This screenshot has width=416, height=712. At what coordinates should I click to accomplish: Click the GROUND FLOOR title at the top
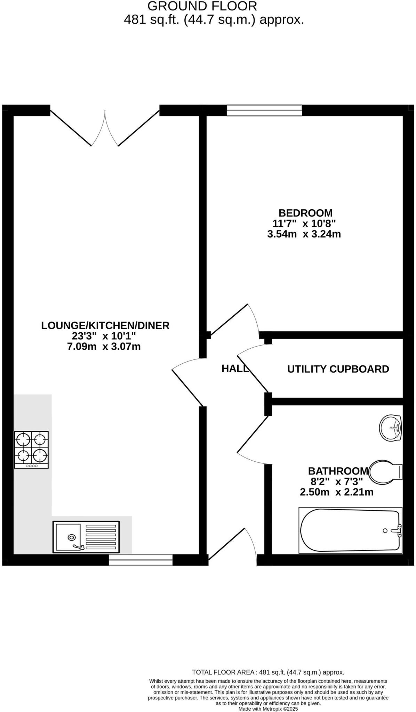[x=202, y=6]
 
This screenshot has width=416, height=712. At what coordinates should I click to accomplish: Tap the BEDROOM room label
[x=305, y=213]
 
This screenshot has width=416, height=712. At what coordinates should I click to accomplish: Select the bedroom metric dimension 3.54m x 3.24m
[x=304, y=234]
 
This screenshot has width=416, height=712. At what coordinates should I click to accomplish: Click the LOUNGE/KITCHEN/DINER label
[x=105, y=325]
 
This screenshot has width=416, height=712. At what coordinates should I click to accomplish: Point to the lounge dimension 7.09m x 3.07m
[x=104, y=347]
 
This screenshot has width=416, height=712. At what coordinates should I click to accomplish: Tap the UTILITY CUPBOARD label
[x=338, y=369]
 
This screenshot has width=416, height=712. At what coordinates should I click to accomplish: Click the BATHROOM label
[x=338, y=471]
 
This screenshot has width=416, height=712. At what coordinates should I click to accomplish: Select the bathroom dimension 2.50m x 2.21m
[x=336, y=492]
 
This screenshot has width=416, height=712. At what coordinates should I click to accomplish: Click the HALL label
[x=235, y=369]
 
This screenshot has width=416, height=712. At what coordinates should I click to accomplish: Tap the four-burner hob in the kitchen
[x=31, y=450]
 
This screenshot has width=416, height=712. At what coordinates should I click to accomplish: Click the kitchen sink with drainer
[x=86, y=537]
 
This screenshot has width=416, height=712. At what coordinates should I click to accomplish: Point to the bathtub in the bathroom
[x=350, y=530]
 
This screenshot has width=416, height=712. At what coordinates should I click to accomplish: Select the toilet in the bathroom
[x=385, y=472]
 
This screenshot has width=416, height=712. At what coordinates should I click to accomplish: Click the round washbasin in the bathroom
[x=390, y=428]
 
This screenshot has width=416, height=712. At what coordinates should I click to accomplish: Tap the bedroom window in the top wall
[x=264, y=110]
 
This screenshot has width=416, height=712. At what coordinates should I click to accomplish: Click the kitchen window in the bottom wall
[x=141, y=560]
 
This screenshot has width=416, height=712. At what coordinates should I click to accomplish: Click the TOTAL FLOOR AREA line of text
[x=268, y=672]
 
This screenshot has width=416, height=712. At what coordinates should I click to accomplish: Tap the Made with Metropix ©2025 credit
[x=268, y=709]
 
